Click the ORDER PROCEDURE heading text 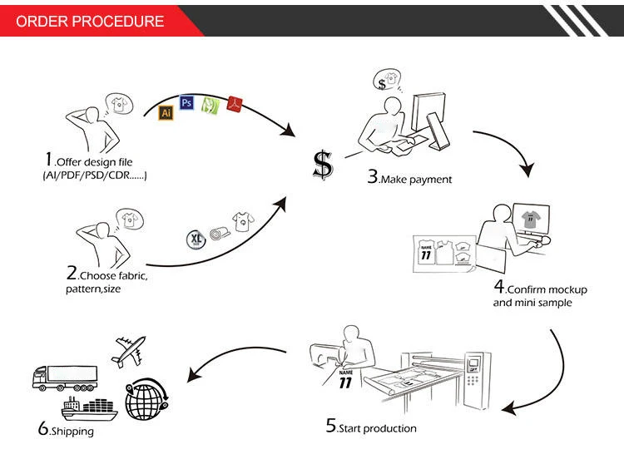90,22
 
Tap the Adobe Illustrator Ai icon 166,110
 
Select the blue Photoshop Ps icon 187,102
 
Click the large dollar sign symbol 323,164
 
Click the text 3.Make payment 409,178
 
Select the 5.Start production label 370,427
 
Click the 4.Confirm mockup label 540,289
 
